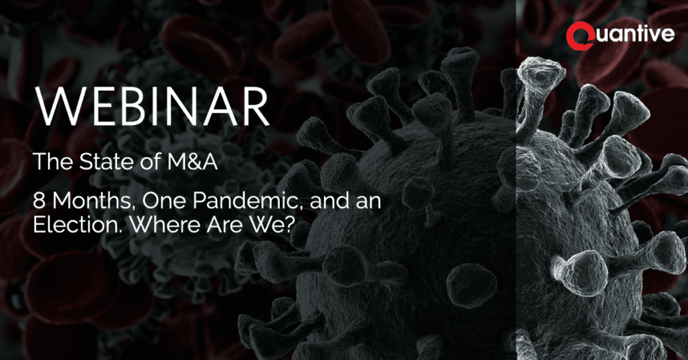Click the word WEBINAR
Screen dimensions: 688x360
click(x=152, y=107)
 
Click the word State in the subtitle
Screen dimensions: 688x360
click(x=106, y=162)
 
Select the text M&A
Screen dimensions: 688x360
click(x=192, y=162)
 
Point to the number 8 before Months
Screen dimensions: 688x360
click(x=39, y=201)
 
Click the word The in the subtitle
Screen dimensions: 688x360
click(x=53, y=162)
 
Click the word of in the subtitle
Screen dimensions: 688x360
click(x=150, y=162)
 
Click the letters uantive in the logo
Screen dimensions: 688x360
click(x=635, y=34)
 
